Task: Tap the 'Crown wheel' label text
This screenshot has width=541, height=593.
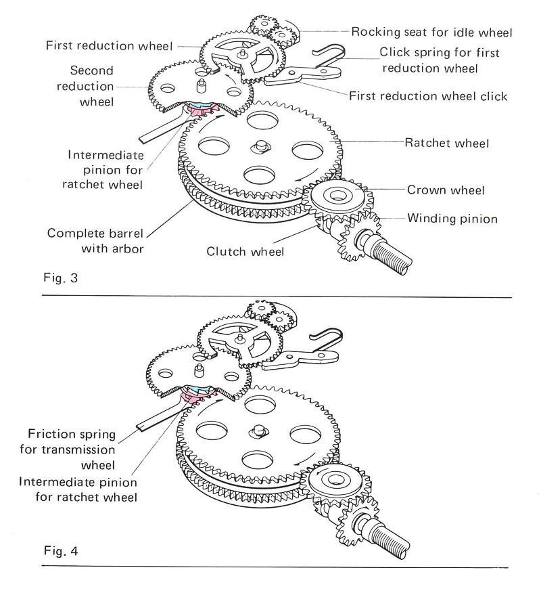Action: point(446,190)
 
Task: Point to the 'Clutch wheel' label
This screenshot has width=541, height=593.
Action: point(245,252)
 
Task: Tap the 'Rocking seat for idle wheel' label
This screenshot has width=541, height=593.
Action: point(431,32)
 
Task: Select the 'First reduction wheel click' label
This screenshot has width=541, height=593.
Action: point(427,96)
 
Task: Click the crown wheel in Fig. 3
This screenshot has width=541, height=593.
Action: point(335,198)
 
